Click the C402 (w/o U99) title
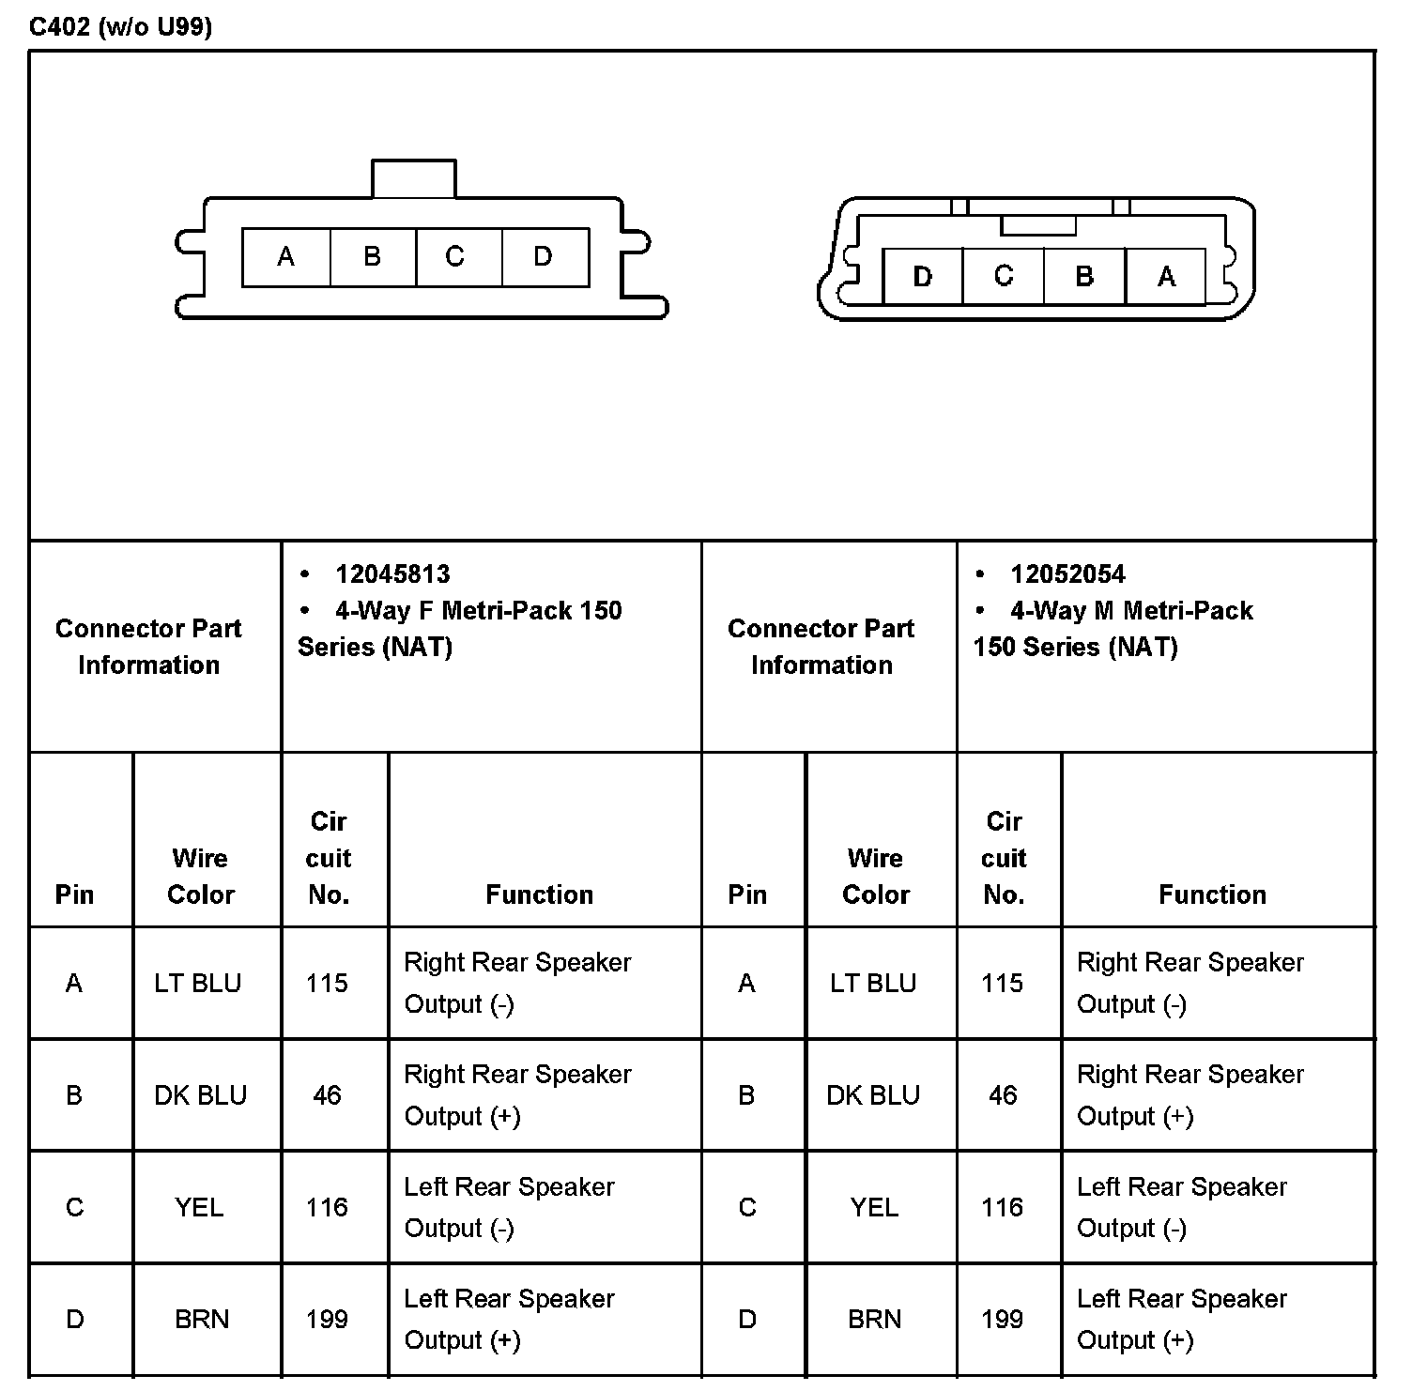tap(120, 26)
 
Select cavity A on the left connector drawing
tap(286, 256)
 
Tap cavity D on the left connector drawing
tap(544, 256)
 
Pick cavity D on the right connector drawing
tap(923, 277)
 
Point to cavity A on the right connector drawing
tap(1166, 277)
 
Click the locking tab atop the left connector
tap(414, 178)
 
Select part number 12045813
tap(392, 574)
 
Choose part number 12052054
tap(1067, 574)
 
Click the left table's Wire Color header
tap(200, 876)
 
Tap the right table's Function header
tap(1212, 894)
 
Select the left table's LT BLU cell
tap(198, 983)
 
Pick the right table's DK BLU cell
tap(873, 1095)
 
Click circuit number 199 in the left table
tap(327, 1320)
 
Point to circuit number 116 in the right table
tap(1002, 1207)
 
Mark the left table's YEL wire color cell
tap(199, 1207)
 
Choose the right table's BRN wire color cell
tap(874, 1320)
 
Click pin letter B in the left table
tap(74, 1095)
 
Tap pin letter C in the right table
tap(747, 1207)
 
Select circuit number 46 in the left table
tap(327, 1095)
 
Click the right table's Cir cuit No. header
tap(1004, 858)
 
